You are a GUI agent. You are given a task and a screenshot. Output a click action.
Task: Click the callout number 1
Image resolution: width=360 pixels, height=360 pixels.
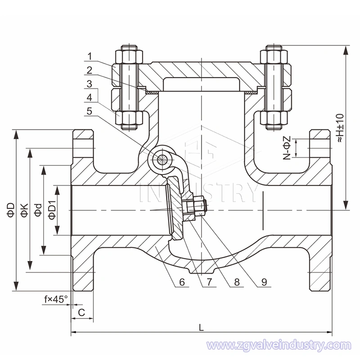90,57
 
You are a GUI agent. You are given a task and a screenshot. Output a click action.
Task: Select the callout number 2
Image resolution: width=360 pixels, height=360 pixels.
90,70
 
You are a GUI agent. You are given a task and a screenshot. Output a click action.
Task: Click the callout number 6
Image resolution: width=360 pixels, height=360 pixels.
182,283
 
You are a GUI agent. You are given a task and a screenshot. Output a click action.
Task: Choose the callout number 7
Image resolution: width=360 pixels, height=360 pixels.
209,283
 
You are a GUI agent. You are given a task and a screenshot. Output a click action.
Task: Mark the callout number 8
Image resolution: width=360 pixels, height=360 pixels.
237,283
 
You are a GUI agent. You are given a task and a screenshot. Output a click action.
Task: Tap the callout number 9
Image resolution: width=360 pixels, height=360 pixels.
264,283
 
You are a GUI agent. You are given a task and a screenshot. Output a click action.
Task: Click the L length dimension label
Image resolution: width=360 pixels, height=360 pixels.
202,328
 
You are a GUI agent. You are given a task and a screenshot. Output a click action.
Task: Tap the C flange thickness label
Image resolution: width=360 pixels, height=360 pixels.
81,312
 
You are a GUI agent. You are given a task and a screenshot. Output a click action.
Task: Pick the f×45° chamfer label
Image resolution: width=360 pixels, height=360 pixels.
56,298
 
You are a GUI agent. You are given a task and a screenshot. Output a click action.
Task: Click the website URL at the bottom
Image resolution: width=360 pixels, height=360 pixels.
278,346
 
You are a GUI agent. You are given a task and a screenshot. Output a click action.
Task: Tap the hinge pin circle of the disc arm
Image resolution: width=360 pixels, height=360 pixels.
161,158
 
